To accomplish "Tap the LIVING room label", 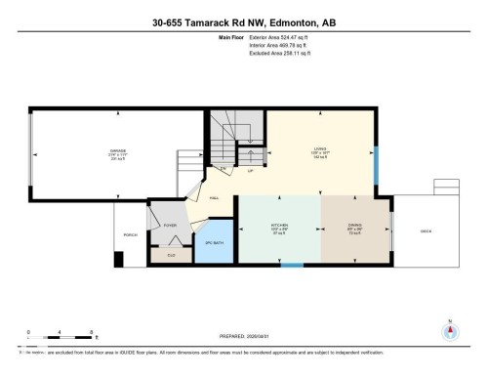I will click(319, 148).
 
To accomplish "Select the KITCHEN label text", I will click(278, 226).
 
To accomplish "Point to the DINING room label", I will click(355, 226).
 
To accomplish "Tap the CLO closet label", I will click(171, 255).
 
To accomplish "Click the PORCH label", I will click(130, 234).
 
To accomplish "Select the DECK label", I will click(426, 230).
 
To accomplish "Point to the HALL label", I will click(213, 198).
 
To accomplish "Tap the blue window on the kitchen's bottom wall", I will click(291, 265).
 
